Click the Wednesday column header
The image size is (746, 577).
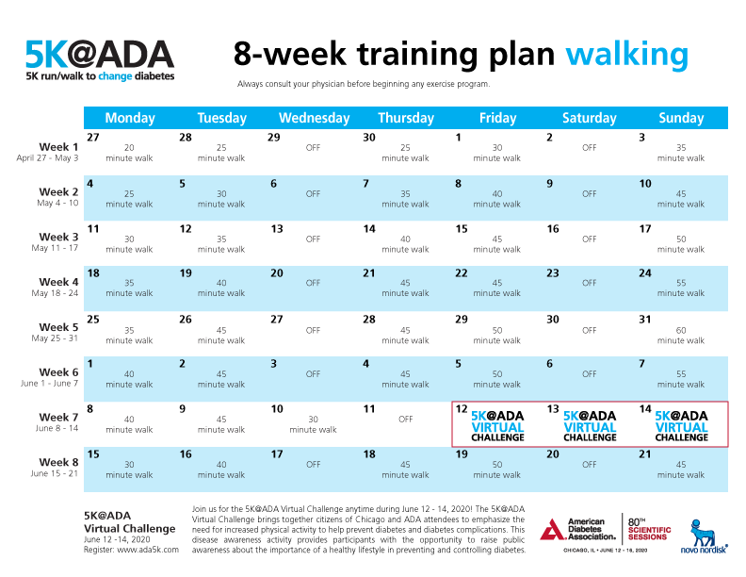point(314,118)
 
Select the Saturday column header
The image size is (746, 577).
point(589,118)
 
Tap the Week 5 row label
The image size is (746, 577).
point(58,327)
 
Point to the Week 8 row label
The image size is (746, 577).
point(58,463)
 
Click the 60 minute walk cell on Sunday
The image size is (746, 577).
point(681,336)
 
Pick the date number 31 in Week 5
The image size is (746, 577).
point(645,319)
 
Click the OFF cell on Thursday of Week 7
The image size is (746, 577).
point(405,420)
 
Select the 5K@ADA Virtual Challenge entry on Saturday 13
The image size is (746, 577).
point(590,426)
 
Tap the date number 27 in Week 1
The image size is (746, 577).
point(92,138)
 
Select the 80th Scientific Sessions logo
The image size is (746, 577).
point(649,527)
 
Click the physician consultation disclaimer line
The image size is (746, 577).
point(364,84)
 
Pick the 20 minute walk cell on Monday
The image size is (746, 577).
point(129,153)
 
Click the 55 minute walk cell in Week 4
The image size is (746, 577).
point(681,288)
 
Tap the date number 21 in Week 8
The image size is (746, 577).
point(645,454)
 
